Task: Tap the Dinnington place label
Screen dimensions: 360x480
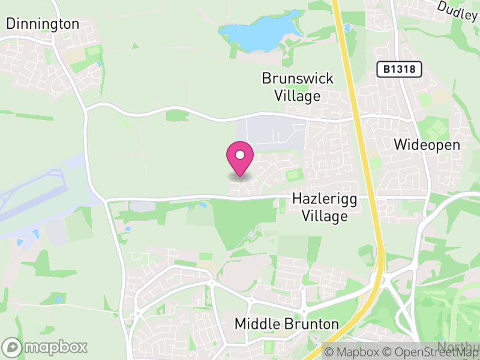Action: pos(43,24)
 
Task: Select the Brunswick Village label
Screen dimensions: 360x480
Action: pos(298,87)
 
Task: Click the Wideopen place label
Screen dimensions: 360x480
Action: pos(427,145)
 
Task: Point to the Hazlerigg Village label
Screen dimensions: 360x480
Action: pos(320,207)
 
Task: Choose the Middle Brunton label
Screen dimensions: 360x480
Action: pos(286,324)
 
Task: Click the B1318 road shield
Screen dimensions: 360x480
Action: pos(400,70)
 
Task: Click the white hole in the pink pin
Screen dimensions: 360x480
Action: pos(240,155)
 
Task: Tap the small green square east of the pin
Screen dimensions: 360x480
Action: pos(293,176)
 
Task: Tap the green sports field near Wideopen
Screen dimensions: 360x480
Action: pos(435,127)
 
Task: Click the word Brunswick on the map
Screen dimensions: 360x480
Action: pos(298,79)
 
